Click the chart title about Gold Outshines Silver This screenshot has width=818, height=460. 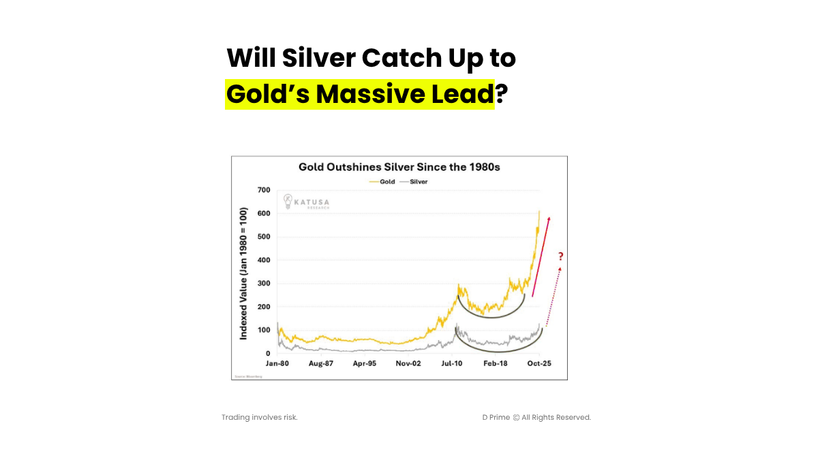click(x=400, y=167)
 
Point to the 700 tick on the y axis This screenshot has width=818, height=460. click(x=263, y=190)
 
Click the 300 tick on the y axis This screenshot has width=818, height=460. click(x=263, y=283)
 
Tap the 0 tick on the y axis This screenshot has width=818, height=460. click(x=268, y=354)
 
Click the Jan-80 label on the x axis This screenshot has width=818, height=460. click(x=277, y=364)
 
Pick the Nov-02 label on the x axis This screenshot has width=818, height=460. click(x=408, y=364)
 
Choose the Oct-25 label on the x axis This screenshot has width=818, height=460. click(x=539, y=364)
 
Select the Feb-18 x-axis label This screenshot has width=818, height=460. click(x=496, y=364)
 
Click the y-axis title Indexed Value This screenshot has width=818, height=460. click(x=243, y=273)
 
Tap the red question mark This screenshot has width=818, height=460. click(x=560, y=256)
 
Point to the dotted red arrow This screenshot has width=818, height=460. click(x=554, y=296)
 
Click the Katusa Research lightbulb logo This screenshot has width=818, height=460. click(x=288, y=200)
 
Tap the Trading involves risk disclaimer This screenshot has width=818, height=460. click(x=260, y=417)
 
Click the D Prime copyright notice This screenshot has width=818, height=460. click(x=536, y=417)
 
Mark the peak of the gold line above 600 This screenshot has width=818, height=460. click(x=539, y=211)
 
